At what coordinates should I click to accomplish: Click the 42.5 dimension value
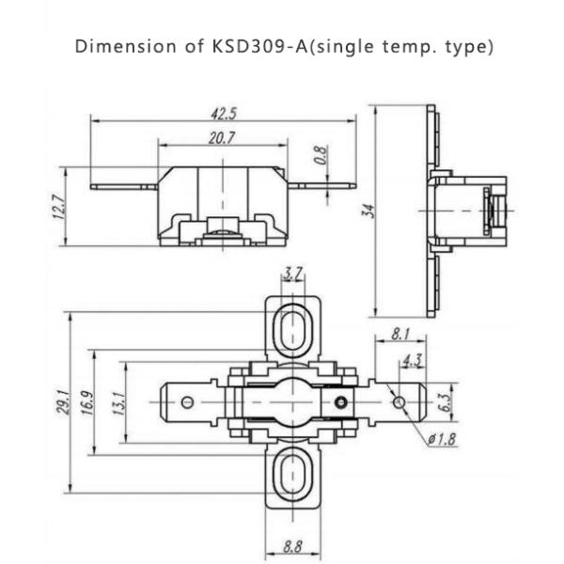(224, 114)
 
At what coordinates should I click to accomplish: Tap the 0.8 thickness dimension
(321, 155)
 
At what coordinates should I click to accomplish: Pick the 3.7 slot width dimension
(293, 274)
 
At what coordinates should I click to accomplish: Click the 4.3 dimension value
(411, 360)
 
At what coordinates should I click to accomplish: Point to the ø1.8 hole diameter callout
(441, 439)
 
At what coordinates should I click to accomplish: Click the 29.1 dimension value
(60, 402)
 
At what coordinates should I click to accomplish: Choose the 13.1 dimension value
(116, 402)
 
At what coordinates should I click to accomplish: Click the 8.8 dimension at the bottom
(293, 544)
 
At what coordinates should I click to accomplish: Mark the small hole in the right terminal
(399, 402)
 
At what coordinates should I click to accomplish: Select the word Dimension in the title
(116, 46)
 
